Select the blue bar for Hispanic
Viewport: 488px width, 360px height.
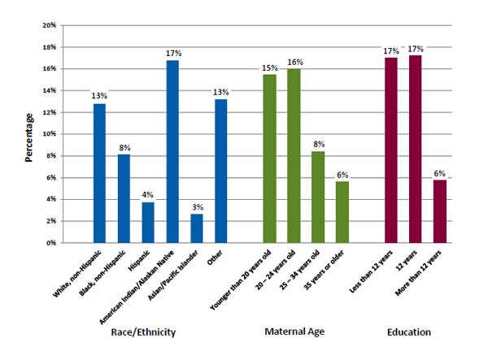tap(148, 222)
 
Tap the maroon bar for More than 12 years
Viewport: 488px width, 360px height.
tap(440, 211)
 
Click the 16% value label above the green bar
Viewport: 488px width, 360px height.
tap(294, 61)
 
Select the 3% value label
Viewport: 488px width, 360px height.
tap(197, 206)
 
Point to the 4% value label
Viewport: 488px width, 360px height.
tap(148, 195)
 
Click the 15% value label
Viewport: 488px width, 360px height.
tap(270, 67)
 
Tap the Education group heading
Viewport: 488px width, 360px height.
tap(408, 332)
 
